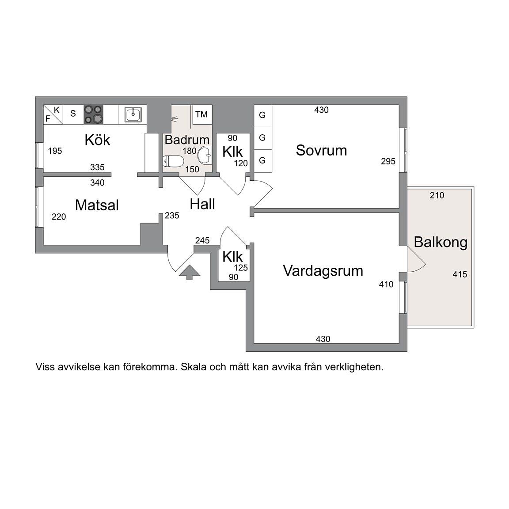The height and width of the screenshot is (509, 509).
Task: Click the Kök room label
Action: click(97, 140)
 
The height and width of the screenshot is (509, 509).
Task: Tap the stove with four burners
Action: click(94, 114)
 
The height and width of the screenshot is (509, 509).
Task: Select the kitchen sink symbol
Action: click(133, 114)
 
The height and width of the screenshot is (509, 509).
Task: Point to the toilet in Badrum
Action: click(173, 160)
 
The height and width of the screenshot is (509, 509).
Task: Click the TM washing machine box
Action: click(202, 114)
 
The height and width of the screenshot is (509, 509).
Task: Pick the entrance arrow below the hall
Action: click(190, 272)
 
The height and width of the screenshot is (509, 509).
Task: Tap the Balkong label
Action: click(441, 243)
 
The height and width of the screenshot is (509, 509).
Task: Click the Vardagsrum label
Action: click(323, 271)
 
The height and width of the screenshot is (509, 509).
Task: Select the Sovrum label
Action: click(321, 150)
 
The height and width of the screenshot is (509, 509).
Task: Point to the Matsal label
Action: click(97, 205)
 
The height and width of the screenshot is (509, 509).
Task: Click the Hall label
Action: click(202, 204)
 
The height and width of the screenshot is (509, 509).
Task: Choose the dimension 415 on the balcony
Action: click(460, 274)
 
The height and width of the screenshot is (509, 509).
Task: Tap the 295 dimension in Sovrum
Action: click(388, 161)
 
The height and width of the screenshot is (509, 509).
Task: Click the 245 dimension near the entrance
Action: click(202, 240)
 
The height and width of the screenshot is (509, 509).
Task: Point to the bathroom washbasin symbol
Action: click(205, 155)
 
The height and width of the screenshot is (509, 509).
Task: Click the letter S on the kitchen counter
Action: click(73, 114)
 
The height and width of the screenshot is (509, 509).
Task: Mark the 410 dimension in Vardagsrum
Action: click(386, 285)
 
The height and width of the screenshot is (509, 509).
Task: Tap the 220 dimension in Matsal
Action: click(59, 217)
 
